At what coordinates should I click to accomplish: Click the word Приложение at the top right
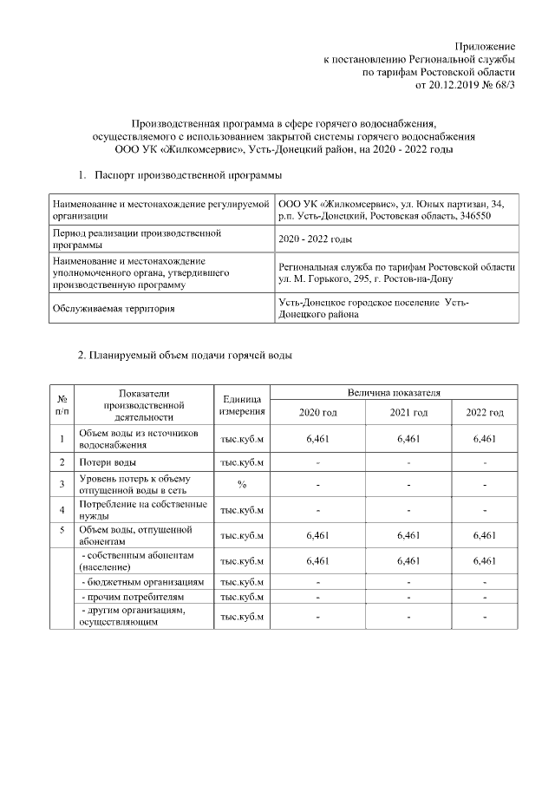(x=486, y=45)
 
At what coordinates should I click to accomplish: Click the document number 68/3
(x=502, y=87)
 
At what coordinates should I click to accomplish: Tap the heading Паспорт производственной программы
(x=186, y=176)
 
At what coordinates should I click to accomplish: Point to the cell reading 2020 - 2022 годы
(x=315, y=239)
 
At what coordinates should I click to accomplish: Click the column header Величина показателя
(x=395, y=393)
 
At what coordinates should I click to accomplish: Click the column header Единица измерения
(x=242, y=403)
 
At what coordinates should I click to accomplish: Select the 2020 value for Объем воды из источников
(x=319, y=439)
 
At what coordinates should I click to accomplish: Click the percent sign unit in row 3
(x=242, y=484)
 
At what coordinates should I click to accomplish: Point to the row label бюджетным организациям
(x=142, y=581)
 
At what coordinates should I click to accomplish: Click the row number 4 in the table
(x=62, y=509)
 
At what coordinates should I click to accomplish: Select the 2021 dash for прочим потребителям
(x=408, y=598)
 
